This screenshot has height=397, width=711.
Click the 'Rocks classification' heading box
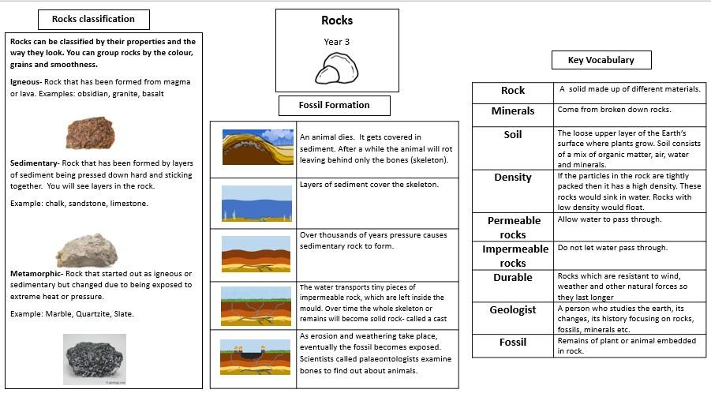pyautogui.click(x=93, y=19)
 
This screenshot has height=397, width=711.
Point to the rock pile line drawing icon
pyautogui.click(x=337, y=68)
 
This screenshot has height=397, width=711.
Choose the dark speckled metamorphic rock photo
pyautogui.click(x=94, y=359)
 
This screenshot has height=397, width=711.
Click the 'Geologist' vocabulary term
pyautogui.click(x=512, y=310)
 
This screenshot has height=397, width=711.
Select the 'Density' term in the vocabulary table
pyautogui.click(x=512, y=178)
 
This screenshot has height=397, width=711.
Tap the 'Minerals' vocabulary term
pyautogui.click(x=512, y=111)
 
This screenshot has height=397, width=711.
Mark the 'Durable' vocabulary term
pyautogui.click(x=512, y=278)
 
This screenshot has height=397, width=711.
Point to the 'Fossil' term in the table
pyautogui.click(x=512, y=343)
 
